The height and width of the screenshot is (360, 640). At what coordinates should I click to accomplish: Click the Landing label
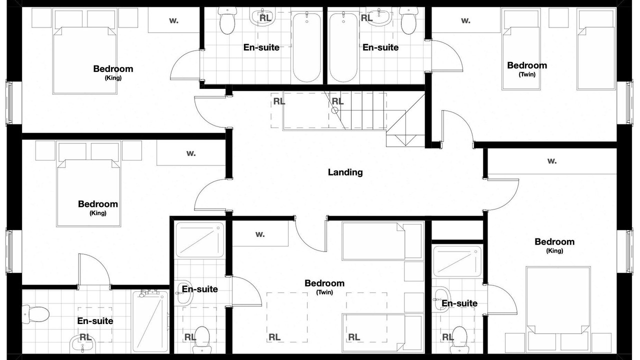click(x=345, y=172)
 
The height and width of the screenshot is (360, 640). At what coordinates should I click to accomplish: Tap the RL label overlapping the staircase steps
click(x=337, y=101)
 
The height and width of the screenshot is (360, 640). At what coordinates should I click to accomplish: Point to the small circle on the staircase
click(x=335, y=110)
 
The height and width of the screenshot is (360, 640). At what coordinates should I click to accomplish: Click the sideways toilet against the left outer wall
click(x=35, y=314)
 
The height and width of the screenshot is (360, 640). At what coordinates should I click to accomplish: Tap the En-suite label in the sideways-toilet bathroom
click(x=95, y=321)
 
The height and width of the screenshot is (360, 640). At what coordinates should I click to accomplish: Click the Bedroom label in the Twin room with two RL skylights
click(x=324, y=283)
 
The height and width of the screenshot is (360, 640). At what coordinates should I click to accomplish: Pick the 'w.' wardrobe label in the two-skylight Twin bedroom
click(x=260, y=234)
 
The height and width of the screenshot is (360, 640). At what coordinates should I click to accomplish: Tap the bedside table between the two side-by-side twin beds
click(x=558, y=17)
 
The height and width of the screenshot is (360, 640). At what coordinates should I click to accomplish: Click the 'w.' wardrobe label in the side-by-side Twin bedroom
click(x=465, y=20)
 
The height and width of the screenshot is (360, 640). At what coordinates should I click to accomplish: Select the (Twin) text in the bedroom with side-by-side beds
click(x=527, y=74)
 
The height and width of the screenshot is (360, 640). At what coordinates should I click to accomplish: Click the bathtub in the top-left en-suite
click(x=306, y=47)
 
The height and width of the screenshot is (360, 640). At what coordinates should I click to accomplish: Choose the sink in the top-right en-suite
click(x=379, y=16)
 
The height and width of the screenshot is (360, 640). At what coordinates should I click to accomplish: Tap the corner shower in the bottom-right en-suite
click(x=457, y=262)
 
